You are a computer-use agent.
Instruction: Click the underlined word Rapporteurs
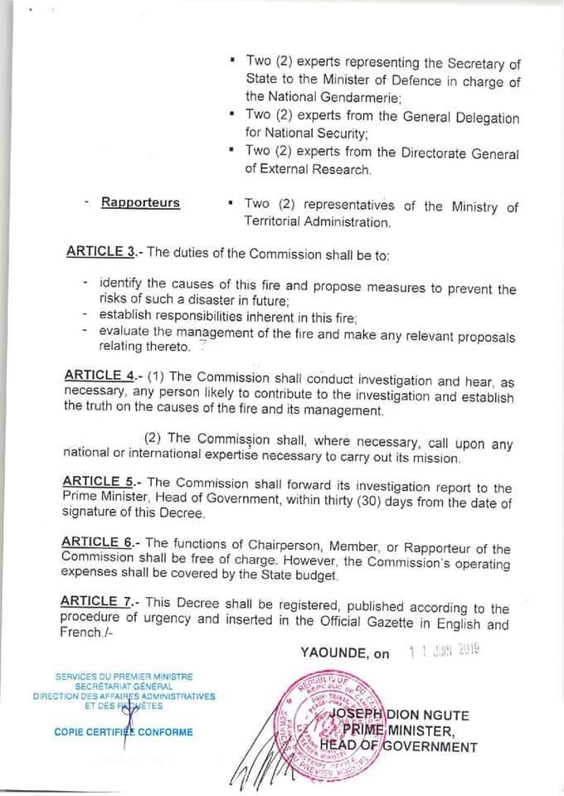tap(140, 202)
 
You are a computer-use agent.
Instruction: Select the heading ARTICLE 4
tap(102, 375)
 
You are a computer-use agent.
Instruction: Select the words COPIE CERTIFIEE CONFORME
tap(124, 731)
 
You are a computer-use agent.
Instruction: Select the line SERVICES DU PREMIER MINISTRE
tap(123, 677)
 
